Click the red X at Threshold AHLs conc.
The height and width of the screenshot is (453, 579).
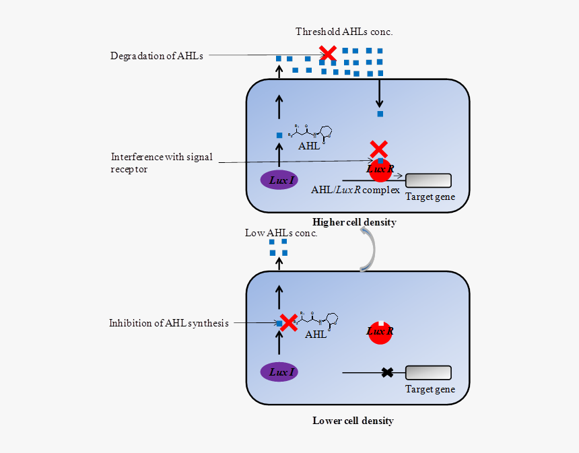pos(328,53)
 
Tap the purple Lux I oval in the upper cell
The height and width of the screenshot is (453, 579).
pos(279,180)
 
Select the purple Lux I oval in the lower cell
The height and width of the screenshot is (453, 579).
pos(279,372)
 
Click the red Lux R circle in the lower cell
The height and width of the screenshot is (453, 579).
pos(380,332)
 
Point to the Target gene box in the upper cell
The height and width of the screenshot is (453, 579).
pos(428,180)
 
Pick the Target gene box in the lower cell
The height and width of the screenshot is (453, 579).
pos(428,372)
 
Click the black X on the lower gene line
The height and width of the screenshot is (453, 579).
pos(388,372)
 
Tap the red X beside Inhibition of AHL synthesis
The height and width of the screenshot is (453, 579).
pos(289,323)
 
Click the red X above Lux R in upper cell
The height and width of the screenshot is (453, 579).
pos(379,149)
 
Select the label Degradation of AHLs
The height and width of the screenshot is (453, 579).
pos(157,56)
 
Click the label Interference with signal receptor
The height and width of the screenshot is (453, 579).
pos(162,163)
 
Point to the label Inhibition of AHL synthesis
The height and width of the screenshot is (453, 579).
pos(169,323)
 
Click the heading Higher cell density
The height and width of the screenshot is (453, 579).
pos(354,222)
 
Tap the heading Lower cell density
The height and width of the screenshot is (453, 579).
pos(353,421)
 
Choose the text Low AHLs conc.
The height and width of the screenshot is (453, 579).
pos(281,233)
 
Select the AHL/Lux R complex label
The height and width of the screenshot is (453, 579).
pos(355,190)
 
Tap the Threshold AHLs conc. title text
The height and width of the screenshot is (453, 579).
pos(344,32)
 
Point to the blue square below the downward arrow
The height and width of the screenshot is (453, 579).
pos(380,114)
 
